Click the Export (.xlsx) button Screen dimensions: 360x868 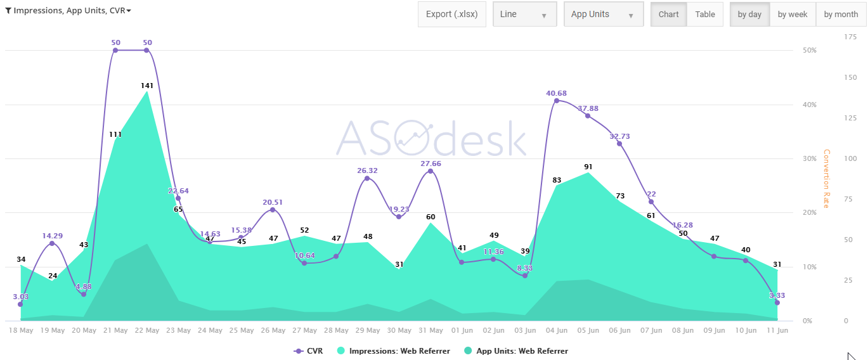pyautogui.click(x=451, y=15)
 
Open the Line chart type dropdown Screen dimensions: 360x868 pyautogui.click(x=524, y=15)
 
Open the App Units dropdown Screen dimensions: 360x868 pyautogui.click(x=603, y=15)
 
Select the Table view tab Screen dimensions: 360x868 pyautogui.click(x=704, y=15)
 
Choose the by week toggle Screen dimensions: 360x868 pyautogui.click(x=793, y=15)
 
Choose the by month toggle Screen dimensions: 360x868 pyautogui.click(x=841, y=15)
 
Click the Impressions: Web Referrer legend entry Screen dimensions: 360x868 pyautogui.click(x=399, y=351)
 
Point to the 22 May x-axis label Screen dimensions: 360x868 pyautogui.click(x=147, y=330)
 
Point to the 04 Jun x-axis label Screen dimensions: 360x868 pyautogui.click(x=557, y=330)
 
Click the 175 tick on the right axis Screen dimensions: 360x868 pyautogui.click(x=850, y=37)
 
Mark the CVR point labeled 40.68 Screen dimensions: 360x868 pyautogui.click(x=557, y=101)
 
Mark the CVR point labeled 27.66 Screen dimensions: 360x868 pyautogui.click(x=431, y=171)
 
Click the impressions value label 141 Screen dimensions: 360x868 pyautogui.click(x=147, y=85)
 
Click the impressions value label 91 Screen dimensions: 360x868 pyautogui.click(x=588, y=167)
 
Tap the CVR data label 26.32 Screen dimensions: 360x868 pyautogui.click(x=368, y=170)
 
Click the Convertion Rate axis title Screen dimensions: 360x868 pyautogui.click(x=826, y=179)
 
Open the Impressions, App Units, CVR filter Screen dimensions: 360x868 pyautogui.click(x=68, y=11)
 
